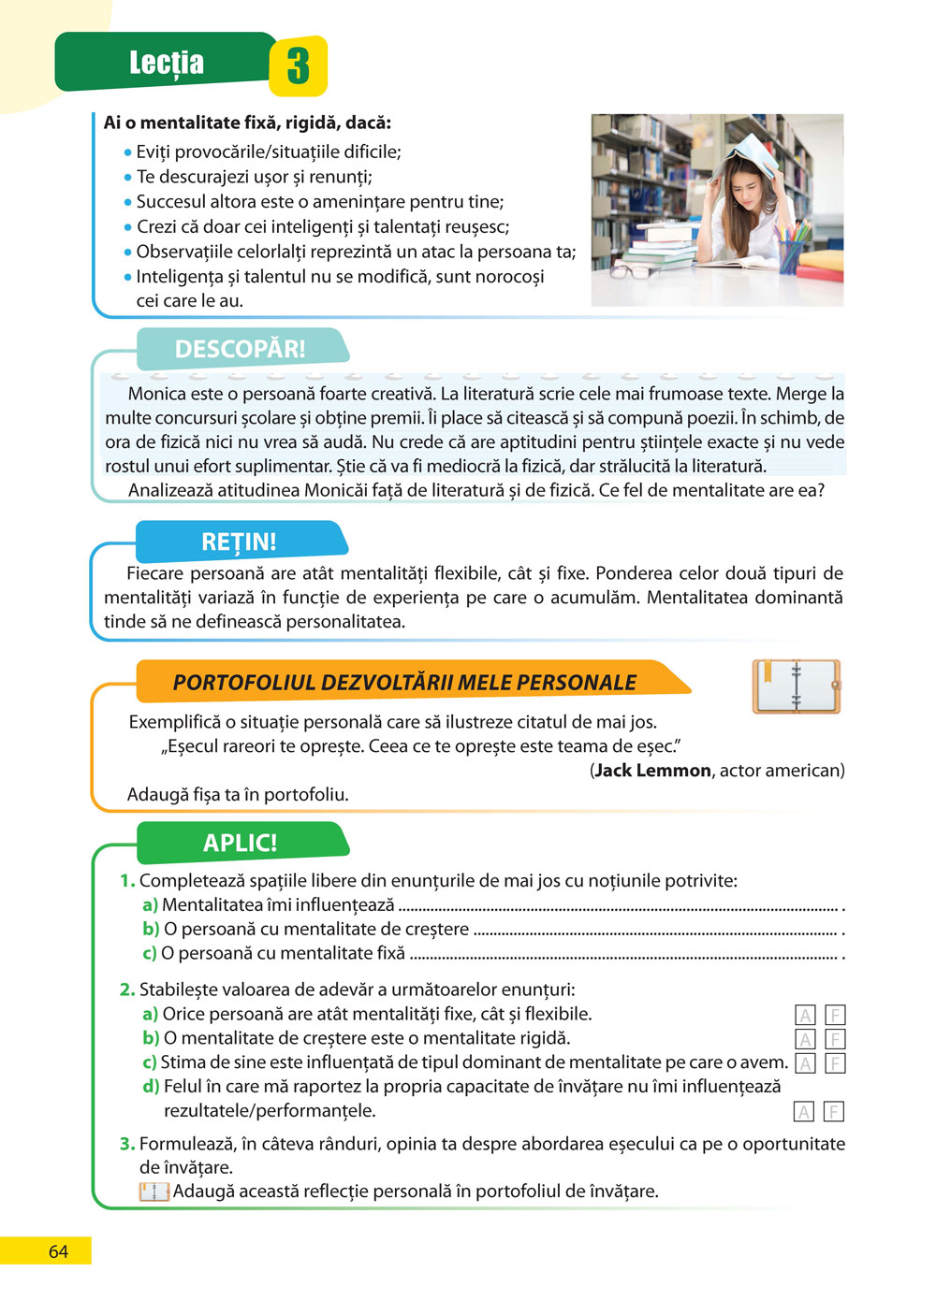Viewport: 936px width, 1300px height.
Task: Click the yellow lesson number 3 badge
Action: (x=298, y=65)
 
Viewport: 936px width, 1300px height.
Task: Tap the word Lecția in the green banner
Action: (x=167, y=63)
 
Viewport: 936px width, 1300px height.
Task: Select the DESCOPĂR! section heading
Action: (x=240, y=349)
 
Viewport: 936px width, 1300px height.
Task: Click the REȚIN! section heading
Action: (x=239, y=542)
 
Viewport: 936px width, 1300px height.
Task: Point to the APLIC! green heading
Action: (x=241, y=843)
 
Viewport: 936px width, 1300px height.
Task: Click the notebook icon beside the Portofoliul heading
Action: (x=797, y=686)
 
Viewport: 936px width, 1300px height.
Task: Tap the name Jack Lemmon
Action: (x=652, y=771)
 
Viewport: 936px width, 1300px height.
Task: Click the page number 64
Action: (x=58, y=1251)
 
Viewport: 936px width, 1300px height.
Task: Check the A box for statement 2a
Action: (x=805, y=1015)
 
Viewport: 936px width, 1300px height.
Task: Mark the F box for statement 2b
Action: (x=835, y=1039)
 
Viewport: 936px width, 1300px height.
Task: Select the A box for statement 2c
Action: (x=805, y=1063)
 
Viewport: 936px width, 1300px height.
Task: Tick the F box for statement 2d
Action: (x=834, y=1112)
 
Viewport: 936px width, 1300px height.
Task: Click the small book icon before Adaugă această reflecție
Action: (x=154, y=1192)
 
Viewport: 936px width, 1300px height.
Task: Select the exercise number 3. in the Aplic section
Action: (x=127, y=1144)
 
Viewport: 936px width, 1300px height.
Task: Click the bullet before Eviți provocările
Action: (x=128, y=152)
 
